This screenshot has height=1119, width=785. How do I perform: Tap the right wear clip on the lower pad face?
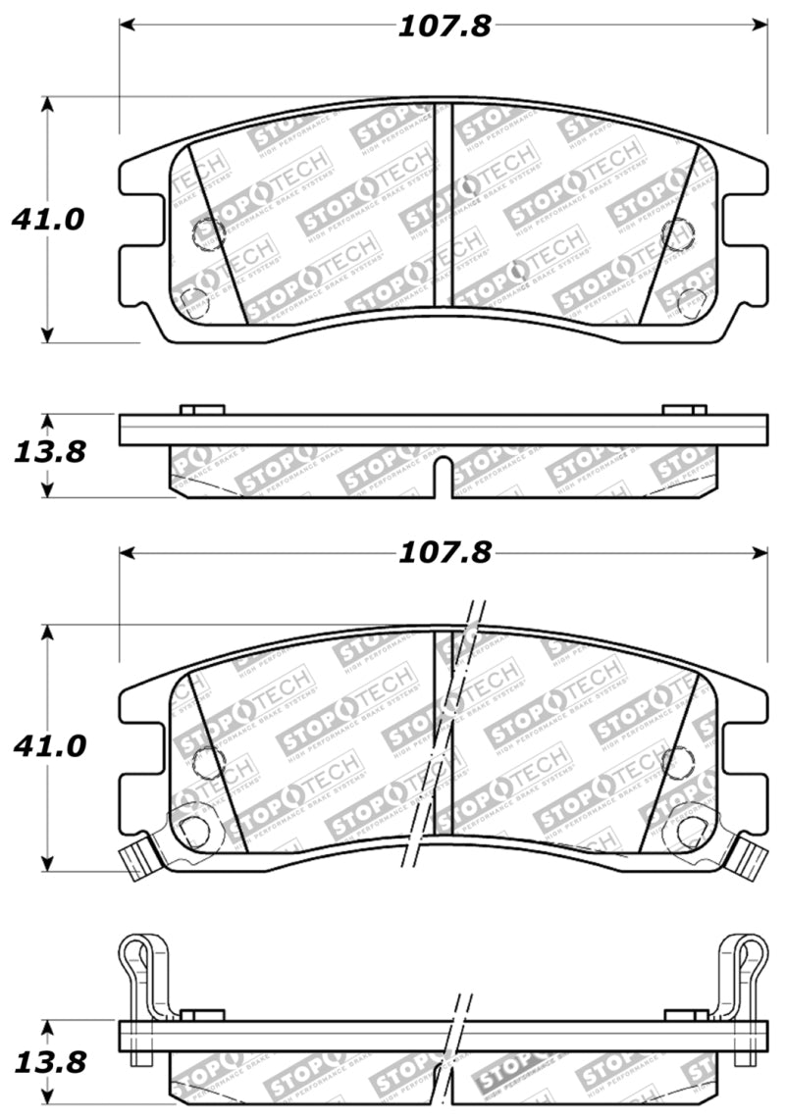point(751,856)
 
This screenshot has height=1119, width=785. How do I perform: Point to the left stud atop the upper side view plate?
point(203,409)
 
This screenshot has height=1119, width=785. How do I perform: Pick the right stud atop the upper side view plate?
point(684,409)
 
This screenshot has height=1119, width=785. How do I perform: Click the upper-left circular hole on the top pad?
point(208,232)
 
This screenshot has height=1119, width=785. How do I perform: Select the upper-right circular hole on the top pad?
point(676,232)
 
